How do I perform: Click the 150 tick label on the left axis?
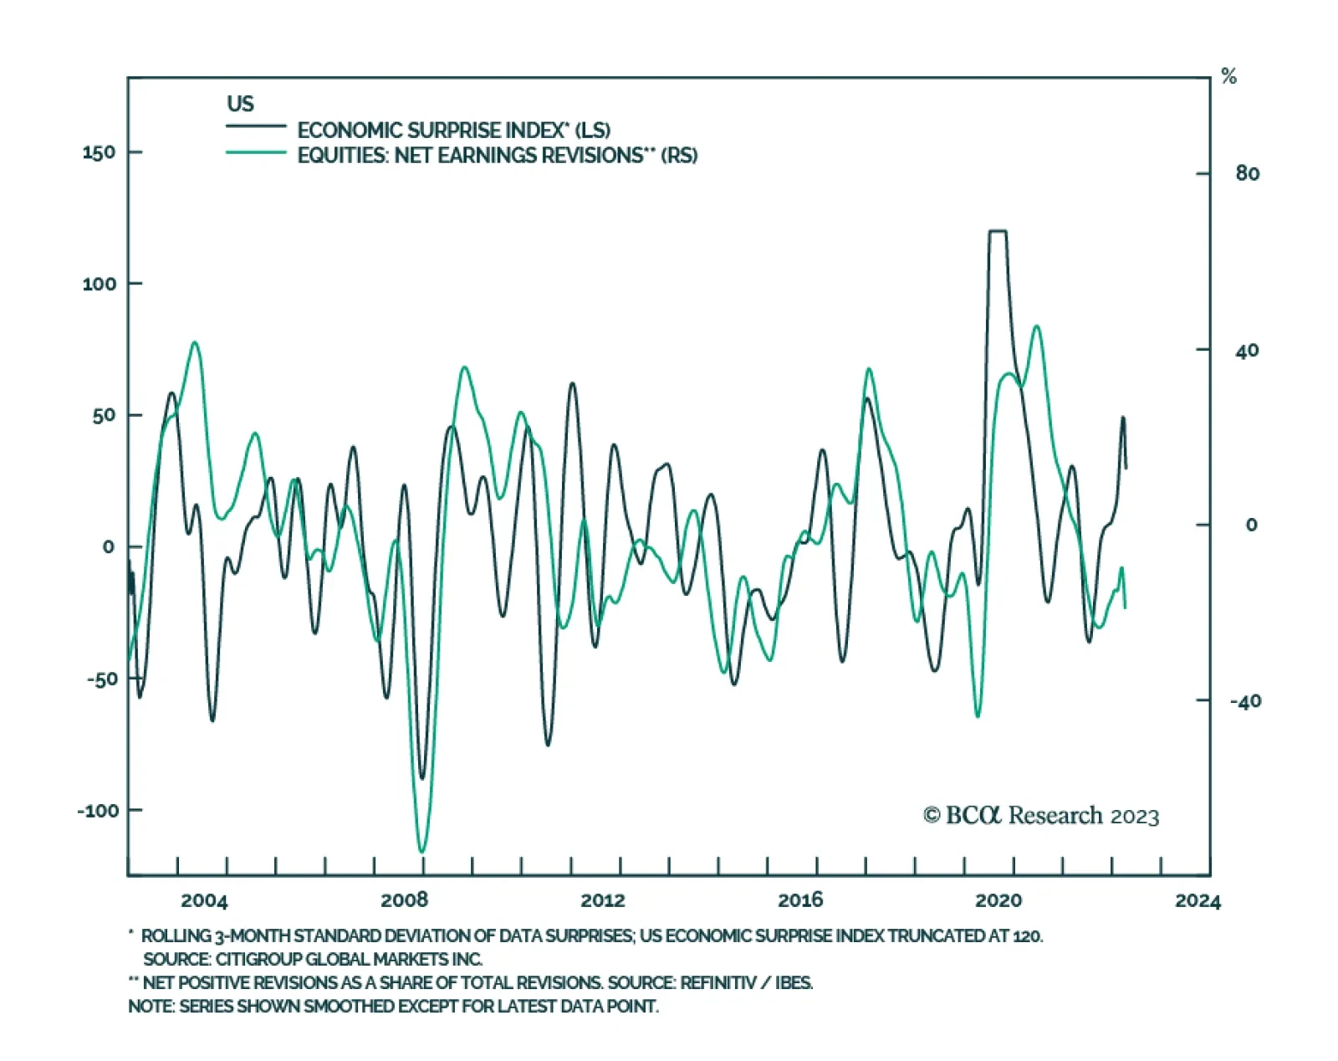click(99, 152)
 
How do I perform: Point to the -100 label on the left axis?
click(98, 810)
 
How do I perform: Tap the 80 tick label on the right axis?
click(1247, 173)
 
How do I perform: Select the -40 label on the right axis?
click(1244, 701)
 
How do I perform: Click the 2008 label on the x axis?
click(404, 900)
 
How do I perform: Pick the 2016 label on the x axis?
click(800, 900)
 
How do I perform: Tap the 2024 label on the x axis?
click(1198, 900)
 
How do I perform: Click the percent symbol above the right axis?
click(1228, 77)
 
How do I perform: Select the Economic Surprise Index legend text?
click(453, 131)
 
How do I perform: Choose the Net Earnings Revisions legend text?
click(497, 156)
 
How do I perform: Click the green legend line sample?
click(256, 152)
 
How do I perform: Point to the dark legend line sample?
click(256, 126)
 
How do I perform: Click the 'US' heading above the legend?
click(240, 104)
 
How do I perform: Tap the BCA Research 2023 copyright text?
click(1041, 815)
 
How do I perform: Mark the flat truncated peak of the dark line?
click(998, 231)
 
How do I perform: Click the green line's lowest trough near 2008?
click(421, 852)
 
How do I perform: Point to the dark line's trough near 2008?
click(422, 778)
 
